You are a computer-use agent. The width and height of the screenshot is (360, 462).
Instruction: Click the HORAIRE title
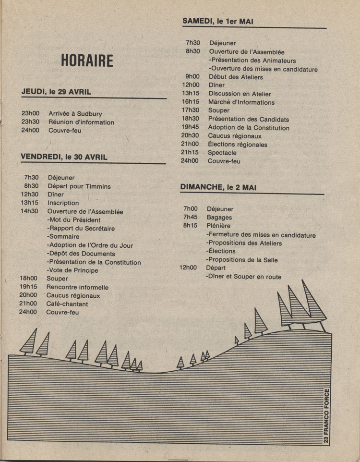(87, 61)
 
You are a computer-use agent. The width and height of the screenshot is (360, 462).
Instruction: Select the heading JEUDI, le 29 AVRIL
(56, 92)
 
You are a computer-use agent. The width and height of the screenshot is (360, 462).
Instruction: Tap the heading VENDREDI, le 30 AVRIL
(64, 157)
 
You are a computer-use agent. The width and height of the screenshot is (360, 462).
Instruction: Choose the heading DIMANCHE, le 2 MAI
(218, 187)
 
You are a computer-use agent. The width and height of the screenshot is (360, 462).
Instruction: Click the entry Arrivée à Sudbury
(75, 114)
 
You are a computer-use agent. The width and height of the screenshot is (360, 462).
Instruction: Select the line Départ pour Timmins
(79, 186)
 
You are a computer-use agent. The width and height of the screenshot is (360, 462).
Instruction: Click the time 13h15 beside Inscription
(29, 203)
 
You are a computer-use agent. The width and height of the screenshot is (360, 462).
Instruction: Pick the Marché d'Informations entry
(241, 102)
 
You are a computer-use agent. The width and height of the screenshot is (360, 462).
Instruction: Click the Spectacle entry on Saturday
(222, 153)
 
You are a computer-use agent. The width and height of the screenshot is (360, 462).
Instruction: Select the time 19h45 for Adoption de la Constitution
(190, 128)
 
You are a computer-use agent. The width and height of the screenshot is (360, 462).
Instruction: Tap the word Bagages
(219, 218)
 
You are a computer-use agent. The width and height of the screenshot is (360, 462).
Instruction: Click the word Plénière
(218, 226)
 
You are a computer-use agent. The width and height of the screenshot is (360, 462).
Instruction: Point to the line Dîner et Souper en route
(243, 277)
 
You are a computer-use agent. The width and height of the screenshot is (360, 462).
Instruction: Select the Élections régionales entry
(237, 145)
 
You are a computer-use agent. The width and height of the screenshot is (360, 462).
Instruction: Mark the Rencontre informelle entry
(77, 287)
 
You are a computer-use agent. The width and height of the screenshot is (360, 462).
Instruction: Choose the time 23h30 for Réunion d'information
(30, 122)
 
